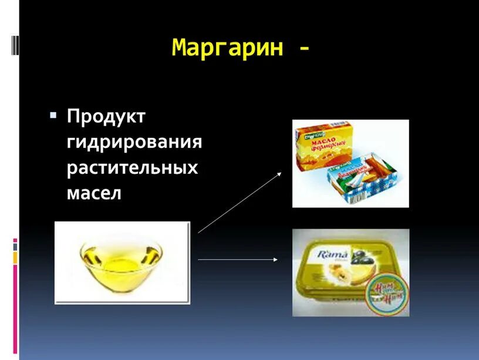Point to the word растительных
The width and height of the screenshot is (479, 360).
pos(132,167)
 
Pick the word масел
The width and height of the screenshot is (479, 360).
pos(93,193)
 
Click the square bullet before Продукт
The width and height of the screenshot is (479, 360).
pos(53,115)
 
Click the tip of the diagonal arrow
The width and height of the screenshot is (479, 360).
pos(282,173)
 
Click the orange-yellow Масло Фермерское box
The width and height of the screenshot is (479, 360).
pos(325,146)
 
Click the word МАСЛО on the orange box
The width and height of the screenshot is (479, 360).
pos(323,141)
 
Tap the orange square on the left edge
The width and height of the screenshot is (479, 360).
pos(15,258)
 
